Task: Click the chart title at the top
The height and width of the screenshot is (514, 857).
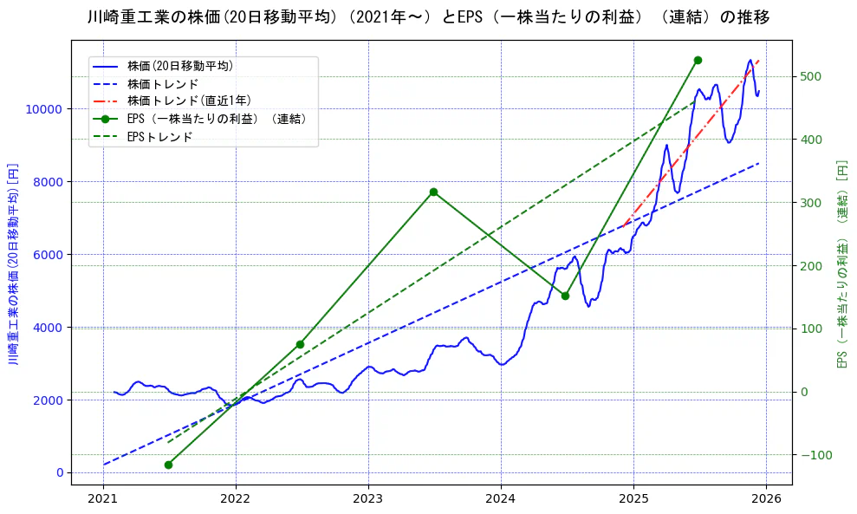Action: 428,17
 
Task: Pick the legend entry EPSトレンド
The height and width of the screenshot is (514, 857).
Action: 159,137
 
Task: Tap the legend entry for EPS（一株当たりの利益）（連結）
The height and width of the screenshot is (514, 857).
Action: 217,119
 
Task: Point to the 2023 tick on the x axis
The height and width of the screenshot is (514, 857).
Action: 368,498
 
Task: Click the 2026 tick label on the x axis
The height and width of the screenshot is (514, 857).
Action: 766,498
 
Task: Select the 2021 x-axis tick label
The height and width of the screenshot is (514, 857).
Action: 103,498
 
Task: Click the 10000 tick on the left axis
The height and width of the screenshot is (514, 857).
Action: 44,109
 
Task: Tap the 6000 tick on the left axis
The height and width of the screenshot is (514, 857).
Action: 48,255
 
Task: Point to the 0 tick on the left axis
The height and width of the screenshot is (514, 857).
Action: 59,472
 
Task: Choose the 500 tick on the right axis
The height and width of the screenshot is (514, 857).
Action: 809,76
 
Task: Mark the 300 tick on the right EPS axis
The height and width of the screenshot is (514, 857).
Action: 809,203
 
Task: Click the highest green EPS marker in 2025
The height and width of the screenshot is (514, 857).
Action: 698,60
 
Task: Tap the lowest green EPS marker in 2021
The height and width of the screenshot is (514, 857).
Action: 168,465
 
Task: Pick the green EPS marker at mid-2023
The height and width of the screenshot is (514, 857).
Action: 433,192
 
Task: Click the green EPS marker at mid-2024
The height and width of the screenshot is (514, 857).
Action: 565,296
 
